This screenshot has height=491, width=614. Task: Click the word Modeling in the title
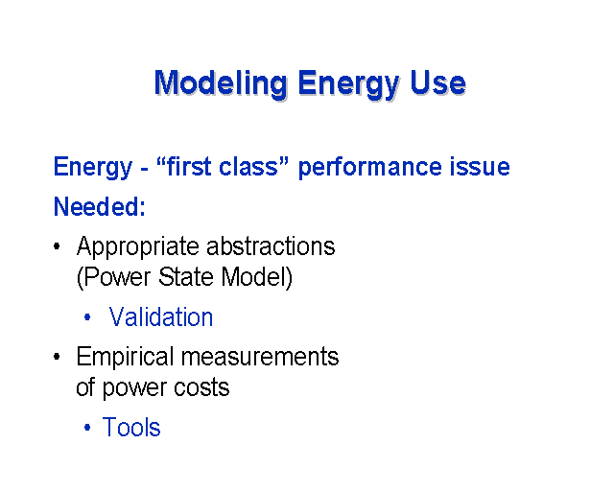[x=221, y=83]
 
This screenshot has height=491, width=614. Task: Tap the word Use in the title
[x=437, y=82]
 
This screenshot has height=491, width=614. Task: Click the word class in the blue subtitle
[x=253, y=166]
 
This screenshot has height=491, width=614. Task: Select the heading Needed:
[x=100, y=206]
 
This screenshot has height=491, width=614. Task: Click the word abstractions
[x=271, y=246]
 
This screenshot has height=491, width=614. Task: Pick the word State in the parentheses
[x=185, y=277]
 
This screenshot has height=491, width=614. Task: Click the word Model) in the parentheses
[x=256, y=277]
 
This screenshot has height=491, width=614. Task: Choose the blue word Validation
[x=161, y=316]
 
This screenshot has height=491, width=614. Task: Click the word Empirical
[x=125, y=358]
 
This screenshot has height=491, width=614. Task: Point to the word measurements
[x=260, y=358]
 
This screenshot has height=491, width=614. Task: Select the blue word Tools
[x=131, y=427]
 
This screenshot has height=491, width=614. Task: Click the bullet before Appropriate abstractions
[x=58, y=246]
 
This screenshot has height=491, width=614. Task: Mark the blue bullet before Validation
[x=87, y=316]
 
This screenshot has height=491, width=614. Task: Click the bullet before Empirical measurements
[x=58, y=357]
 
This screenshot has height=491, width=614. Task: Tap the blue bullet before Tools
[x=87, y=427]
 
